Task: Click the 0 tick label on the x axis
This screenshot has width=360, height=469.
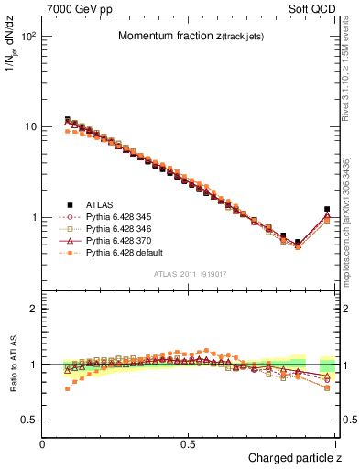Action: [43, 443]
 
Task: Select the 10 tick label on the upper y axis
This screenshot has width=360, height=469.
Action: [30, 126]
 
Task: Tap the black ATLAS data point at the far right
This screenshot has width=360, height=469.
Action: [327, 209]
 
